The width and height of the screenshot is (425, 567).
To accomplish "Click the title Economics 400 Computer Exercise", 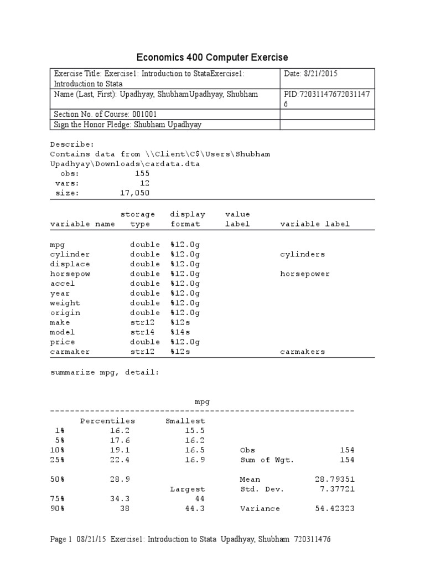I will (212, 58).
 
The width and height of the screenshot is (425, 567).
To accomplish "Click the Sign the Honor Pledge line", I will (127, 125).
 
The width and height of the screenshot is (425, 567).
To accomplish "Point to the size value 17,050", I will (134, 193).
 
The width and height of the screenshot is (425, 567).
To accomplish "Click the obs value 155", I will (142, 173).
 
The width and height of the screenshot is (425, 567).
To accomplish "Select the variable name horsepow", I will (70, 274).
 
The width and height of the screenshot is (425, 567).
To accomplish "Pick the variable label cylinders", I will (303, 254).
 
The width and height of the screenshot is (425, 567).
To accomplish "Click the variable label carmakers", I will (303, 352).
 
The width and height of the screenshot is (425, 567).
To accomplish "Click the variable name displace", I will (70, 264).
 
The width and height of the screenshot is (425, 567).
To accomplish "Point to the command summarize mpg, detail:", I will (105, 373).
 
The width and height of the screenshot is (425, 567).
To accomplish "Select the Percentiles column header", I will (107, 421).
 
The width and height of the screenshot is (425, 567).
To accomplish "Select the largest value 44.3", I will (195, 508).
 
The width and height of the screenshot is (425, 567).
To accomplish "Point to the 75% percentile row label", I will (59, 499).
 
